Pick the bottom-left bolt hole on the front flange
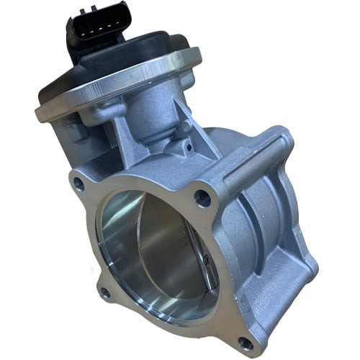point(106,292)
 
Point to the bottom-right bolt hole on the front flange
point(245,341)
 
